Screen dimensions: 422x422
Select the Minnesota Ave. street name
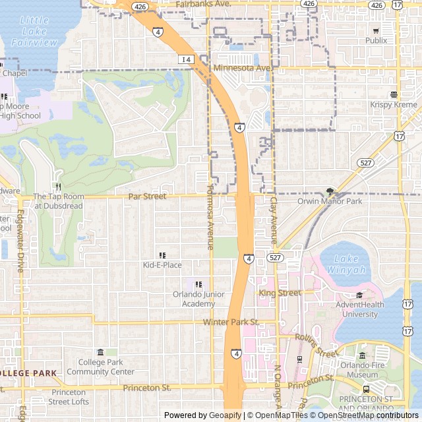pyautogui.click(x=242, y=68)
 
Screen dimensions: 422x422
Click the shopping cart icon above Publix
pyautogui.click(x=376, y=30)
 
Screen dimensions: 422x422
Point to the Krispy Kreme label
pyautogui.click(x=393, y=105)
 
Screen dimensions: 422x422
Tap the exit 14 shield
pyautogui.click(x=186, y=59)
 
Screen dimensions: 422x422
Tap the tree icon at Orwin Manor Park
pyautogui.click(x=330, y=192)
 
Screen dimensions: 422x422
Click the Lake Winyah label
pyautogui.click(x=346, y=264)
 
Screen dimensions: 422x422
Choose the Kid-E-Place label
pyautogui.click(x=162, y=265)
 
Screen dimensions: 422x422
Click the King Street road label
pyautogui.click(x=280, y=292)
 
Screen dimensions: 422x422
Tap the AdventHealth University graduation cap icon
pyautogui.click(x=359, y=295)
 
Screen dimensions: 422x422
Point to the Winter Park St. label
pyautogui.click(x=231, y=322)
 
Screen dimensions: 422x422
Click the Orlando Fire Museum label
pyautogui.click(x=363, y=370)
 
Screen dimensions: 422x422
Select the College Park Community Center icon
pyautogui.click(x=100, y=352)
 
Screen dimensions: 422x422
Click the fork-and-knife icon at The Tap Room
pyautogui.click(x=59, y=187)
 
